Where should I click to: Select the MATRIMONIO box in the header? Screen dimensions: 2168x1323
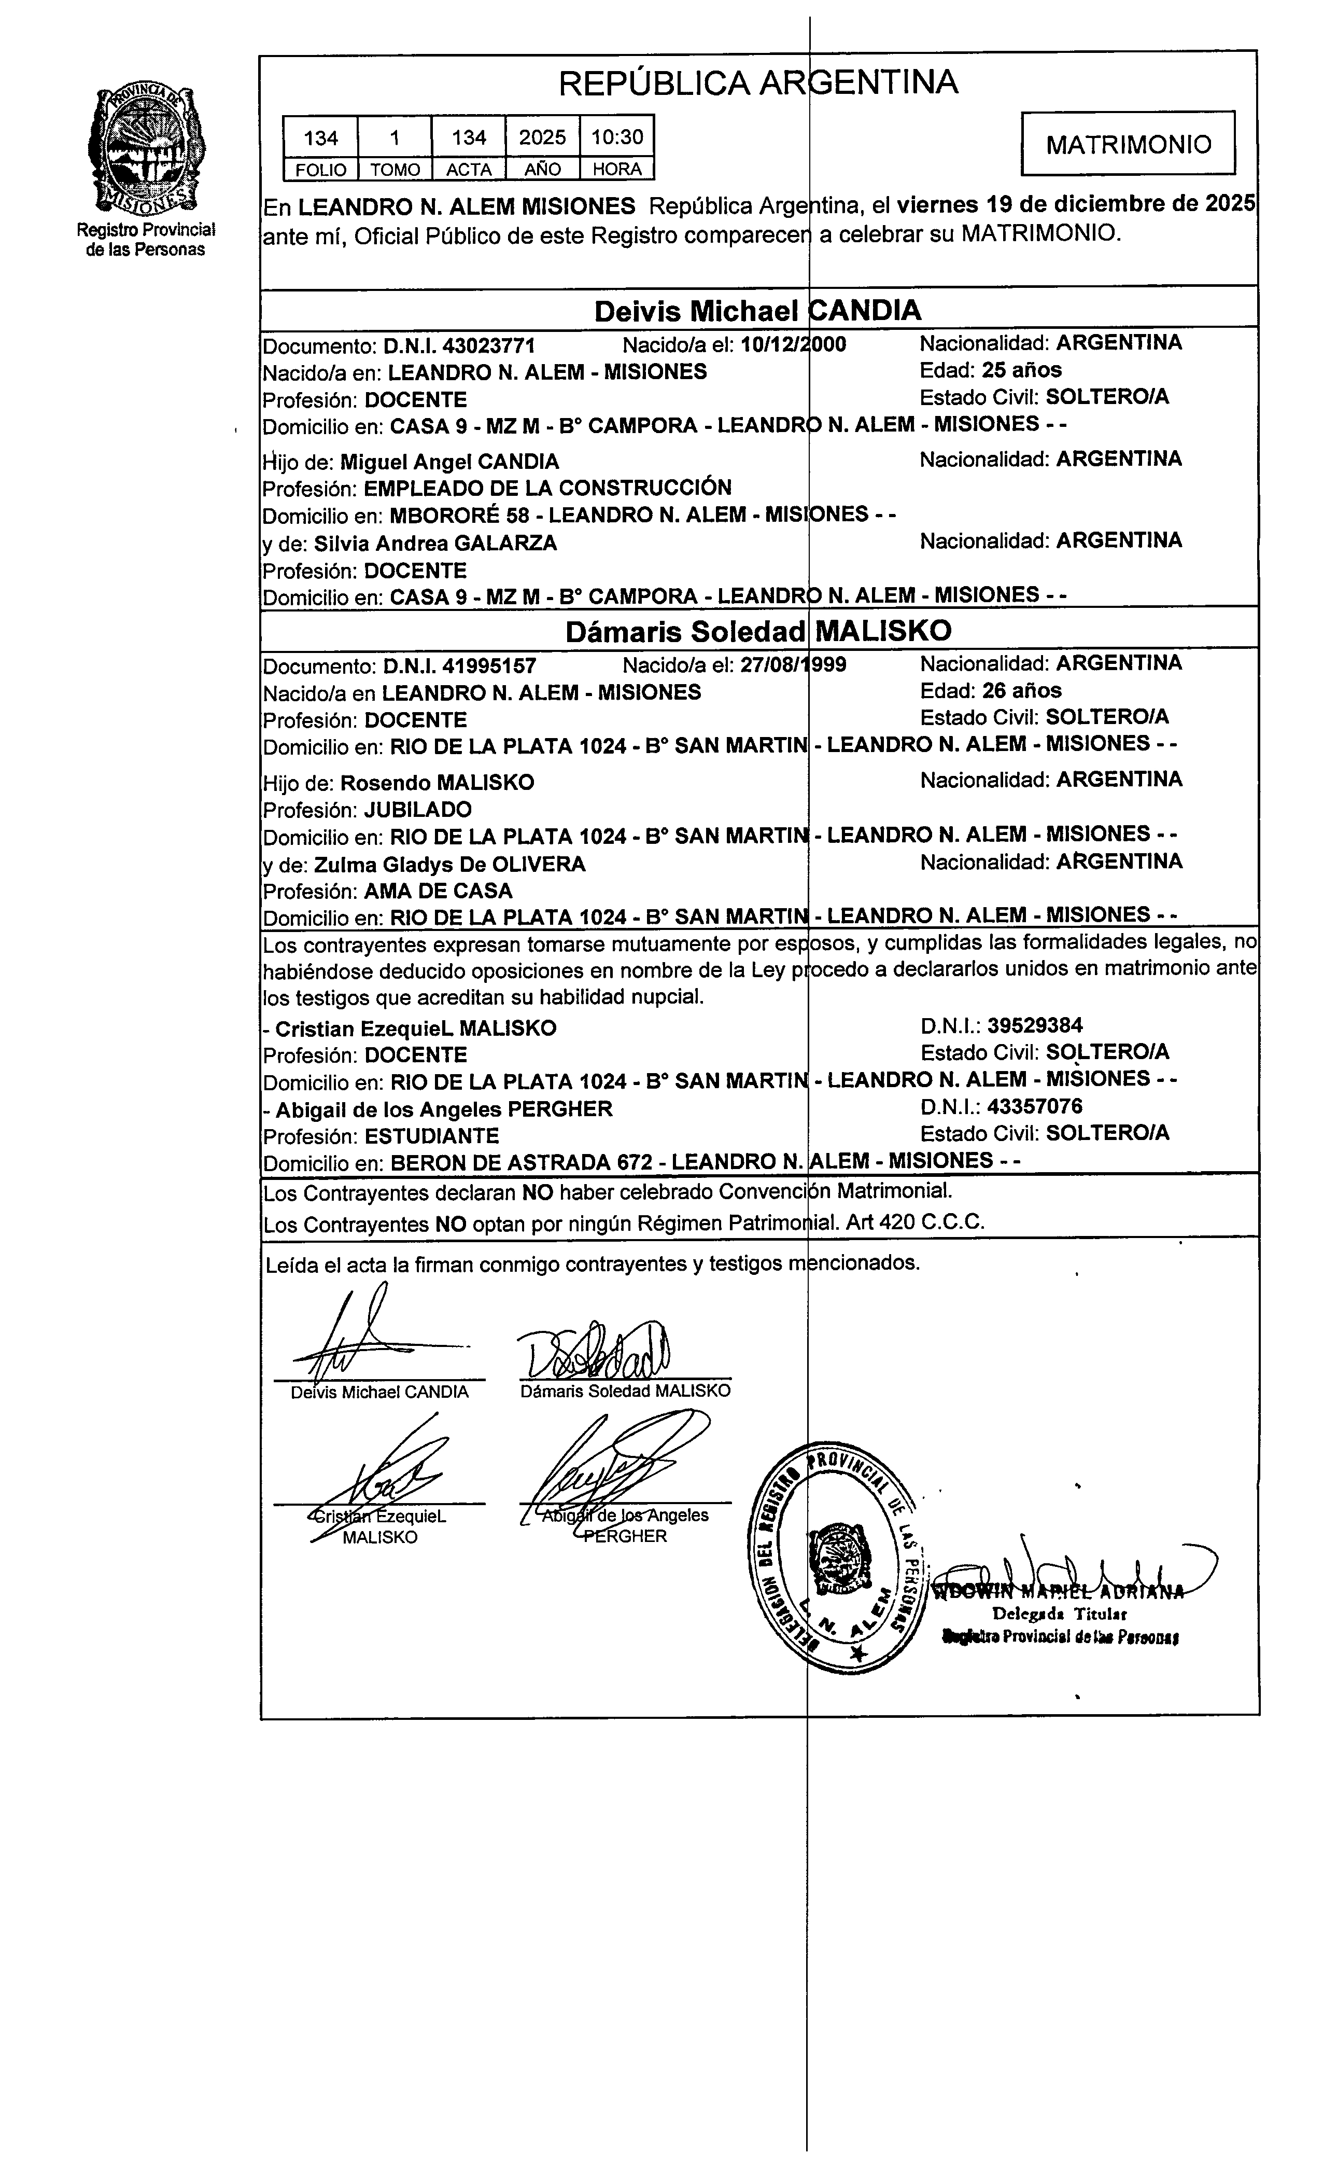[1129, 144]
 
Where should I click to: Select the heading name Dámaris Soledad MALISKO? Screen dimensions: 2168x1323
[758, 631]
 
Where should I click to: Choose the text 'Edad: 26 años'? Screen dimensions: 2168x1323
[991, 691]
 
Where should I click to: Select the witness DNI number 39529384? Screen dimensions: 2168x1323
[1034, 1025]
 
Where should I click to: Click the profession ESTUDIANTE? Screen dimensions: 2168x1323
[432, 1136]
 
